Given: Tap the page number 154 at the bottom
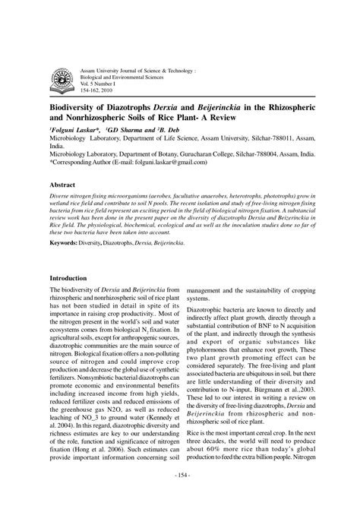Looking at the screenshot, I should click(x=180, y=496).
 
